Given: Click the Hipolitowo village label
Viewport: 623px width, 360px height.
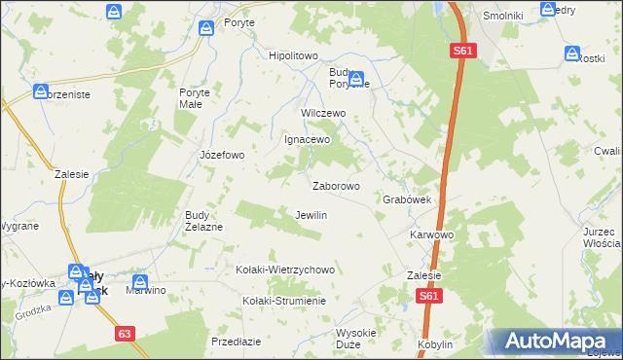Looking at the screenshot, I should coord(293,55).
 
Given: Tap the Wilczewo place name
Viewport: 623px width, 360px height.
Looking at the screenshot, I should coord(323,113).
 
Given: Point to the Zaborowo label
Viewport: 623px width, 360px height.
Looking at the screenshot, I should coord(336,185).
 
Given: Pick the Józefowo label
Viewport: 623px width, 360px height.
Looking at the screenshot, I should coord(221,155).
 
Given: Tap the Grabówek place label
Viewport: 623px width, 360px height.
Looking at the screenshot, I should coord(407,199).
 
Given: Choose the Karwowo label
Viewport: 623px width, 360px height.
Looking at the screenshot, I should coord(432,235).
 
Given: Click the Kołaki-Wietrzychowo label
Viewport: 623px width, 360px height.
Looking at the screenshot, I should coord(285,270).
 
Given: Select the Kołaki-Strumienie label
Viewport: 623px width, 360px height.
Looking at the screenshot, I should coord(284,300).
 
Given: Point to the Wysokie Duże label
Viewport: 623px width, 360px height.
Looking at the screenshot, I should coord(354,338).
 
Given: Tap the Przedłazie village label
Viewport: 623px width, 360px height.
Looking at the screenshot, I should coord(236,342).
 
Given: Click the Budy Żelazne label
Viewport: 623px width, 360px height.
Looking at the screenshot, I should coord(204,221).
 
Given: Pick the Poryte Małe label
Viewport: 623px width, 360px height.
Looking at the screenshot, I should coord(195,98).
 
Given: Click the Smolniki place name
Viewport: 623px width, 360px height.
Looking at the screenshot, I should coord(504,17).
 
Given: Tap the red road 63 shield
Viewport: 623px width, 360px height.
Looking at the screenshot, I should coord(124,334).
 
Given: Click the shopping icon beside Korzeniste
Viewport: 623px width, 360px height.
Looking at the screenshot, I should coord(42,92).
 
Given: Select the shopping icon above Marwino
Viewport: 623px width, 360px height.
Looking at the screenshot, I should coord(142,277).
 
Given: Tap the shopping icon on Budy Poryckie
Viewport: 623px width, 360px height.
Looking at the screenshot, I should coord(357,80).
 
